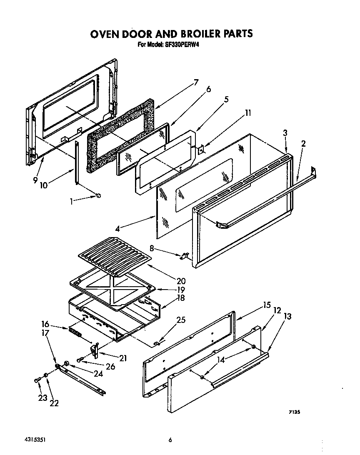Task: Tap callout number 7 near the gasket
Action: [x=195, y=82]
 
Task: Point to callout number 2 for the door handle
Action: [x=303, y=144]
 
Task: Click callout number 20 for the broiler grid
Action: [x=180, y=280]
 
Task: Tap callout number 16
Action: [x=45, y=324]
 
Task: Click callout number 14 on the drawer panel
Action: [x=221, y=360]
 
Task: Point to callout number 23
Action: [x=42, y=398]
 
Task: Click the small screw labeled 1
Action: [x=99, y=195]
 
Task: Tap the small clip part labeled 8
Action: [x=184, y=256]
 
